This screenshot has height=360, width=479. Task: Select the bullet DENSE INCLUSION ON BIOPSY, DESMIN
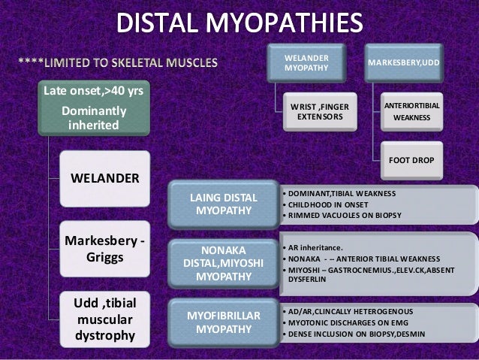361,333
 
